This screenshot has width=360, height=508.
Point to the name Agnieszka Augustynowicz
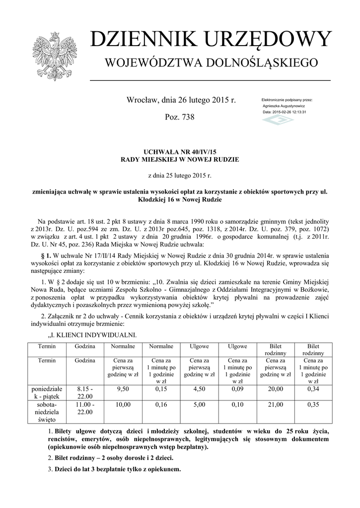(284, 106)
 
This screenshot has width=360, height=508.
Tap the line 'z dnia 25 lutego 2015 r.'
(180, 176)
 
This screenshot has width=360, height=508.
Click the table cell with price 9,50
(122, 389)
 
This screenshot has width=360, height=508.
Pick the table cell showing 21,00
(276, 405)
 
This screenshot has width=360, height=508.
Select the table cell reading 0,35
(313, 405)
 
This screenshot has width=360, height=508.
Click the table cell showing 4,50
(199, 389)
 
